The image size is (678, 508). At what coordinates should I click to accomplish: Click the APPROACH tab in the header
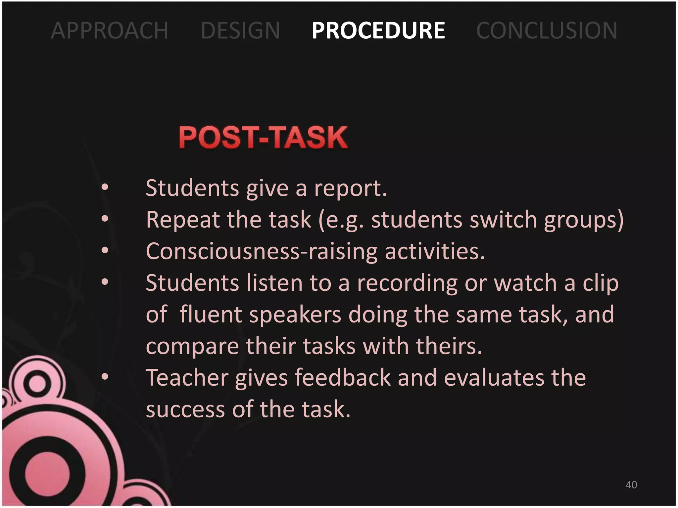tap(110, 30)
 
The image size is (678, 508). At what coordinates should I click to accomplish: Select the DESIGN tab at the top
tap(240, 30)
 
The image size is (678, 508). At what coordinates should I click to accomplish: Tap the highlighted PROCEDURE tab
tap(378, 30)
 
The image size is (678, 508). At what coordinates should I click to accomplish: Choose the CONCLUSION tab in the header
tap(547, 30)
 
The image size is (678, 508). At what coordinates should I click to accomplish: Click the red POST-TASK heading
tap(263, 137)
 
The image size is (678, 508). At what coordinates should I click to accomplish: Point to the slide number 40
tap(631, 485)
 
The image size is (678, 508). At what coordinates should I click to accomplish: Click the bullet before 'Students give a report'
tap(105, 187)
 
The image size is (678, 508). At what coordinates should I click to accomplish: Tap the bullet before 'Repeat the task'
tap(105, 219)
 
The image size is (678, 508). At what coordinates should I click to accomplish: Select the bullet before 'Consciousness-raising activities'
tap(105, 250)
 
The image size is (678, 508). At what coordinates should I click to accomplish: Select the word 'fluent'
tap(210, 314)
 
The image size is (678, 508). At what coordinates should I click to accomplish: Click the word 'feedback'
tap(343, 378)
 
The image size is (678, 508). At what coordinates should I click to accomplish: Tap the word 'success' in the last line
tap(185, 409)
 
